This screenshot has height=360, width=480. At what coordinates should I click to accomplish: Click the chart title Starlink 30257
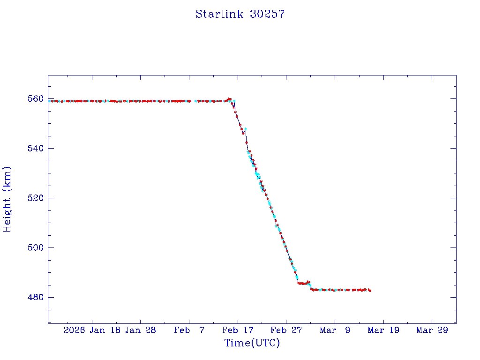tap(240, 14)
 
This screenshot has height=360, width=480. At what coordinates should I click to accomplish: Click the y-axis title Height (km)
tap(7, 199)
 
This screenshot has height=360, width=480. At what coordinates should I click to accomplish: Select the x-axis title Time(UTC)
tap(252, 343)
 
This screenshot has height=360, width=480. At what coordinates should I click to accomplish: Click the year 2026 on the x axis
tap(75, 330)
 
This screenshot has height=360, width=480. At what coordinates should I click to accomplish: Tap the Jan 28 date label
tap(141, 330)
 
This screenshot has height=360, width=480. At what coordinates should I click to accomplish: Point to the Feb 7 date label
tap(189, 330)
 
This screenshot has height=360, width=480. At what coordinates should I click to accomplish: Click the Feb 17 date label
tap(238, 330)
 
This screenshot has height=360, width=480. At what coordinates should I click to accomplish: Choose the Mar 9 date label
tap(335, 330)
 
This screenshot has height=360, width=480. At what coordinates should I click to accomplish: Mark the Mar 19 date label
tap(384, 330)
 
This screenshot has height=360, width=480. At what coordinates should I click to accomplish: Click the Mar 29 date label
tap(432, 330)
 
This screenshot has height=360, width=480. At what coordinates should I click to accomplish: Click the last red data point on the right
tap(370, 291)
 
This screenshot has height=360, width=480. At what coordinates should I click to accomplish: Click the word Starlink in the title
tap(219, 14)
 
